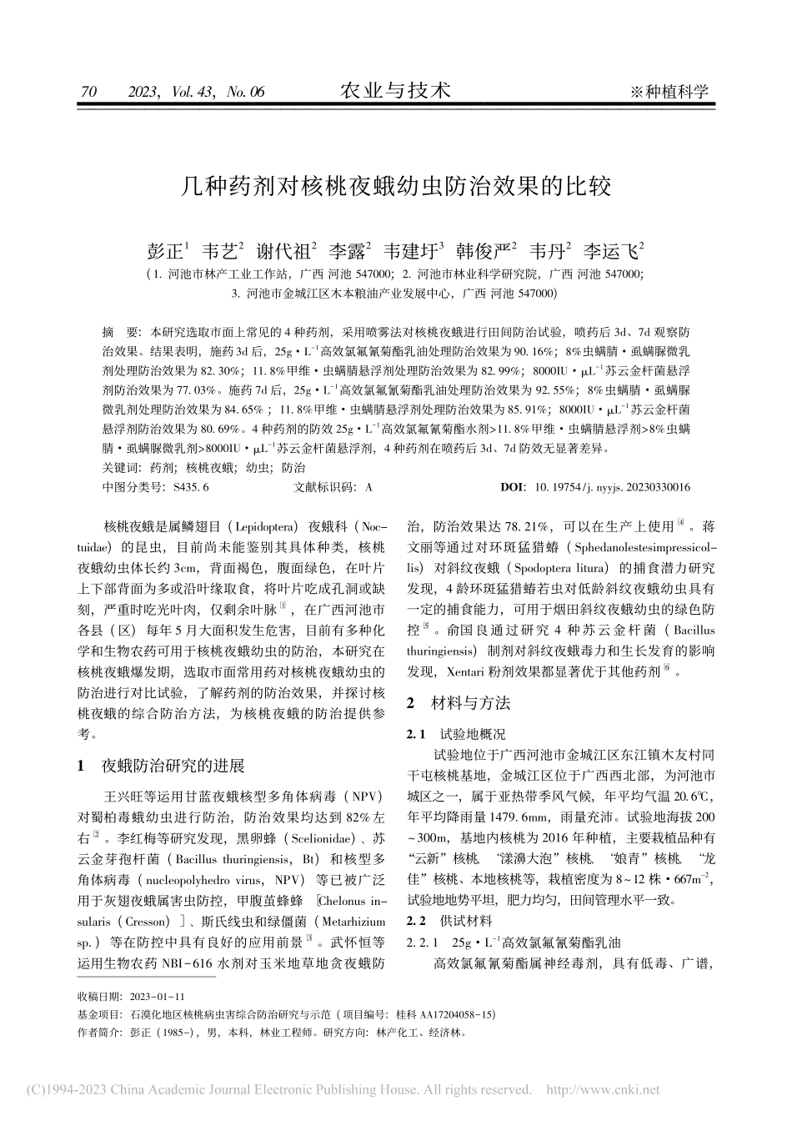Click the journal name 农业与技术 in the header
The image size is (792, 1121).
396,90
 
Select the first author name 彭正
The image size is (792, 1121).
165,251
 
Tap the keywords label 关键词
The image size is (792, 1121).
117,468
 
